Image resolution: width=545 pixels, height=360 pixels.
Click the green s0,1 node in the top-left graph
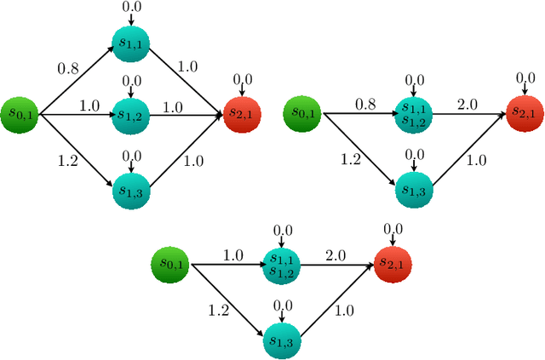(x=20, y=113)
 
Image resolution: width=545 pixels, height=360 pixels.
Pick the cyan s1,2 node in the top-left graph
(x=131, y=113)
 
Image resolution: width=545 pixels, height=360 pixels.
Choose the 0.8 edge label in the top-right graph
(x=364, y=104)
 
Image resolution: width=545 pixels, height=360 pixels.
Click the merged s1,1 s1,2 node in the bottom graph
(x=282, y=265)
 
